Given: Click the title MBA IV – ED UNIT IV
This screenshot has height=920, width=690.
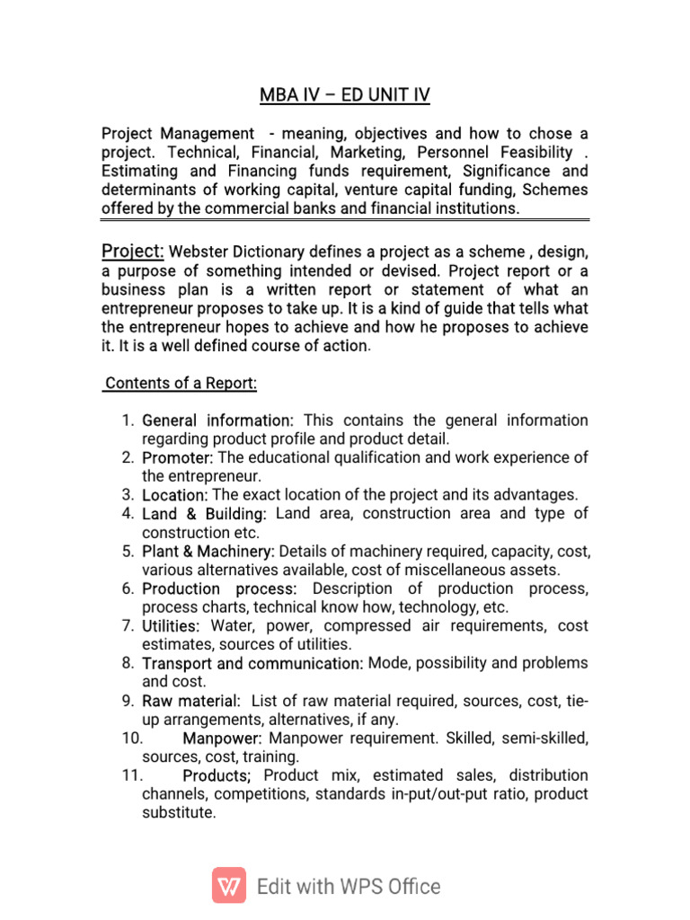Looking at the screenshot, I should pyautogui.click(x=344, y=94).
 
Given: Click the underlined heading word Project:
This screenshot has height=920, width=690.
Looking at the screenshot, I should pyautogui.click(x=132, y=251).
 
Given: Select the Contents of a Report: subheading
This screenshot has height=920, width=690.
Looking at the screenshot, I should pyautogui.click(x=181, y=384).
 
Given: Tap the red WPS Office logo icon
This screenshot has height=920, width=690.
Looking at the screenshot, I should pyautogui.click(x=229, y=886).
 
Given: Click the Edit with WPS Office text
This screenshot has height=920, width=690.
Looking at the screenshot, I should pyautogui.click(x=349, y=887).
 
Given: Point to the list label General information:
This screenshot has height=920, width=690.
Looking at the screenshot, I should pyautogui.click(x=218, y=420).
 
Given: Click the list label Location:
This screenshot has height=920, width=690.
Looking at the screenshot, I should pyautogui.click(x=175, y=495).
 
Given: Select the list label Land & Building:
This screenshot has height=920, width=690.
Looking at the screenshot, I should pyautogui.click(x=204, y=514).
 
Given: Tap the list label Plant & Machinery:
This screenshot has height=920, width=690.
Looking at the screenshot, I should pyautogui.click(x=208, y=551).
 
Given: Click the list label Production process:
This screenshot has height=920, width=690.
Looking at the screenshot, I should pyautogui.click(x=219, y=588).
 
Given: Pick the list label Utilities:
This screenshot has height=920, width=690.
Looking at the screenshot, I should pyautogui.click(x=172, y=625).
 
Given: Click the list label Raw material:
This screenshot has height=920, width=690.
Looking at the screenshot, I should pyautogui.click(x=191, y=701).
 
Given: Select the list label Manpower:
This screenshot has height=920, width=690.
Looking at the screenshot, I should pyautogui.click(x=222, y=738).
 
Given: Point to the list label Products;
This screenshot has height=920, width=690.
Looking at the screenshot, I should pyautogui.click(x=217, y=775).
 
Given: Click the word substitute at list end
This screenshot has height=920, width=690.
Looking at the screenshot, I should pyautogui.click(x=179, y=813).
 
